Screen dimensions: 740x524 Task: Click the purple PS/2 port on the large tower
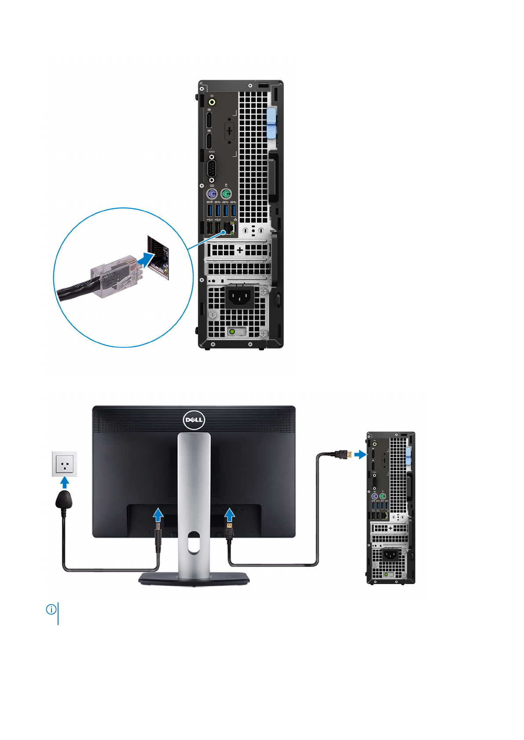point(212,194)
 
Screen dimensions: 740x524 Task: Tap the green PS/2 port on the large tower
point(226,194)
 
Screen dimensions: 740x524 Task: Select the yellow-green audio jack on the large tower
point(212,102)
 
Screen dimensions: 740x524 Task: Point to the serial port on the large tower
point(212,168)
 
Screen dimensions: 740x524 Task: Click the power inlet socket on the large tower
point(239,297)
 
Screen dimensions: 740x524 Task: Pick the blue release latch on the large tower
point(271,123)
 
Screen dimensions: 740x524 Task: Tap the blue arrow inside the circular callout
point(144,260)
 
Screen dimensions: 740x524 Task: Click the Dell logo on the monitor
point(194,420)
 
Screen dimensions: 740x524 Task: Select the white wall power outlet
point(65,464)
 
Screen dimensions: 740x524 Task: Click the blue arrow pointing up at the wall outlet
point(65,483)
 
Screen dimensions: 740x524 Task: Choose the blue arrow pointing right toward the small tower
point(360,454)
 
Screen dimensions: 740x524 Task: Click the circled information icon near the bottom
point(51,609)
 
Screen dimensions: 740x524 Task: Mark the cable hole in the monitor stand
point(194,542)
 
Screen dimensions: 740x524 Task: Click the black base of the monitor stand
point(194,580)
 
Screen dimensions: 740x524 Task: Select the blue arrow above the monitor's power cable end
point(158,514)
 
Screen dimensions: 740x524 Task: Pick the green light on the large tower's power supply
point(232,331)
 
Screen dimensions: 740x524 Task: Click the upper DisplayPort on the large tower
point(209,120)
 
